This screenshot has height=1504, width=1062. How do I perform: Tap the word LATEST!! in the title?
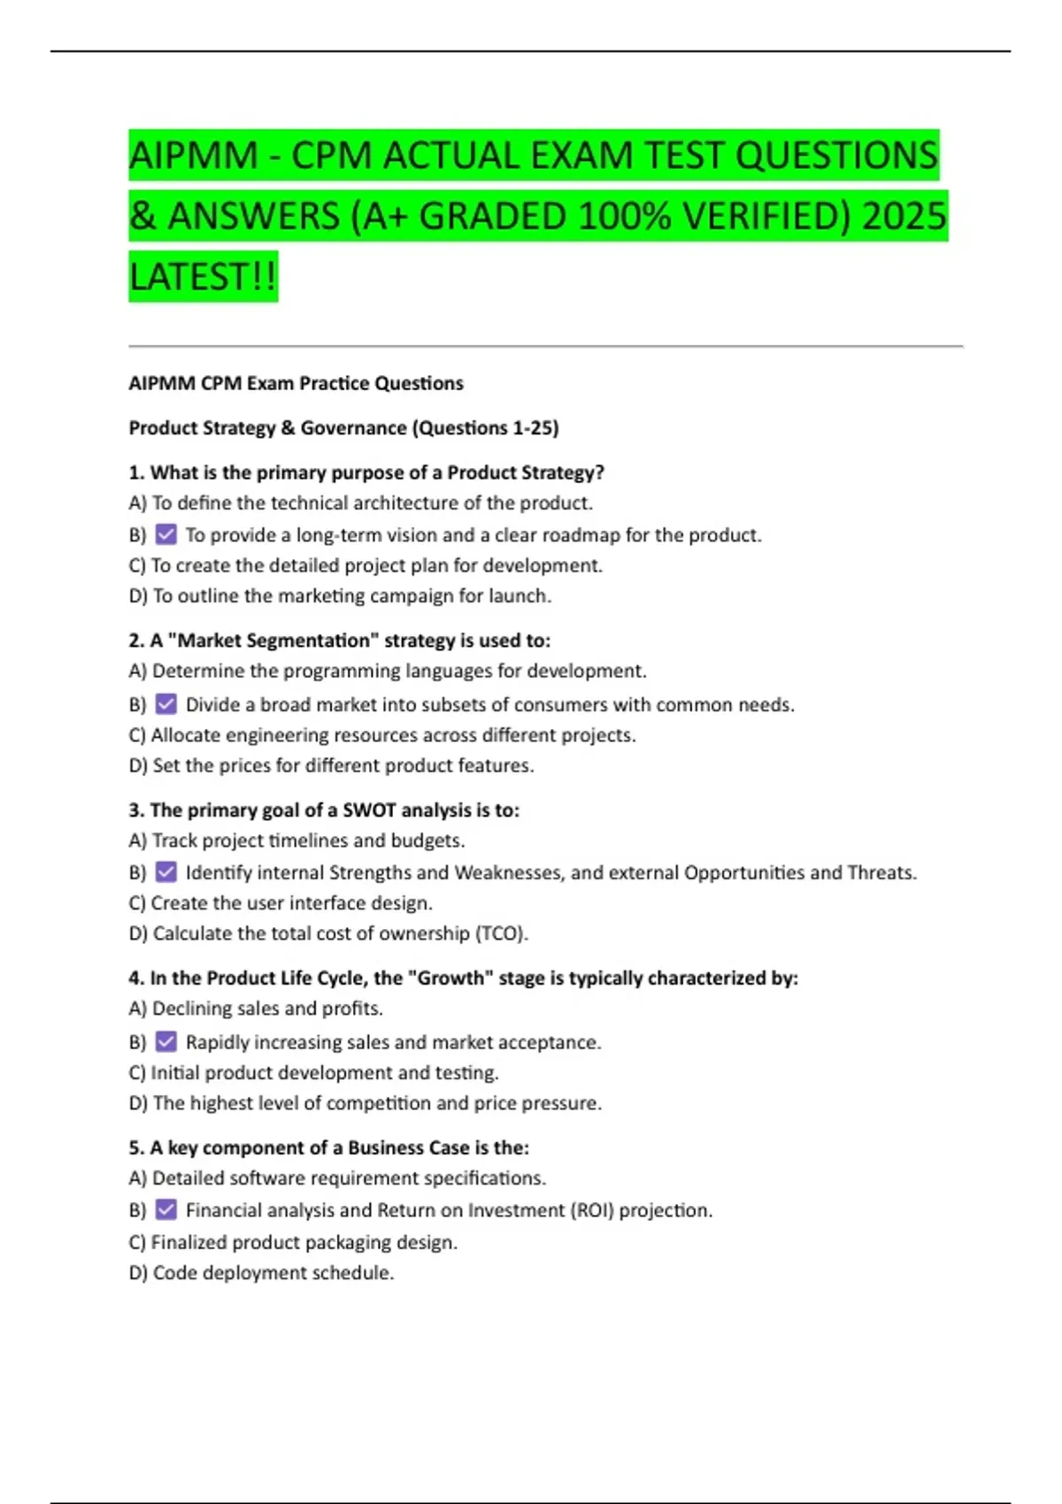[x=203, y=277]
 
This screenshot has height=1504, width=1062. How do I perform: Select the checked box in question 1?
[x=165, y=534]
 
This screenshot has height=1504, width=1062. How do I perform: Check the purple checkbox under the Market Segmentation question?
[x=165, y=704]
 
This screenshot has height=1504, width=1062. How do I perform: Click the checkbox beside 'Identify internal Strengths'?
[x=165, y=872]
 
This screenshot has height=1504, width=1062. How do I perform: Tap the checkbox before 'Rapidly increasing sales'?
[x=165, y=1042]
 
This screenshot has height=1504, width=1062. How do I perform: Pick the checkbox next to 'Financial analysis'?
[x=165, y=1209]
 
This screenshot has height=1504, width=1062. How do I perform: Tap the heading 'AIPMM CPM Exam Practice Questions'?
[x=296, y=383]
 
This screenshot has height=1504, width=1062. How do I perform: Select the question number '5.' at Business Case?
[x=136, y=1147]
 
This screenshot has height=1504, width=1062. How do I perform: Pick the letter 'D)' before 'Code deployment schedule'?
[x=138, y=1273]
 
